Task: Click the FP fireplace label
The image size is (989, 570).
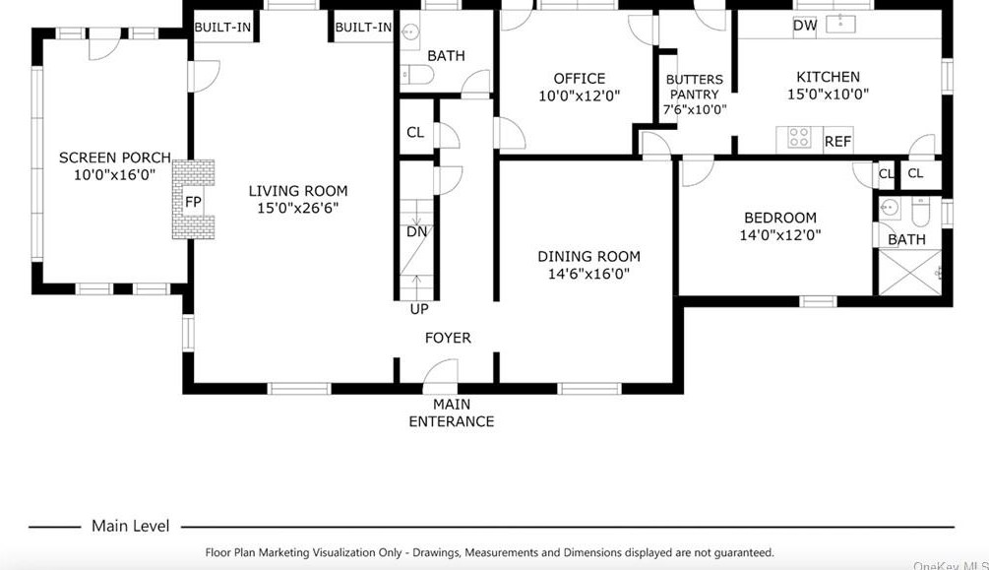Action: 193,202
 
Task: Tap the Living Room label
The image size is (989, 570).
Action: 298,191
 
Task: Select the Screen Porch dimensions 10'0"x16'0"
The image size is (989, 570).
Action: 115,175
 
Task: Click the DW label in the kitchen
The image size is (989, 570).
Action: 805,26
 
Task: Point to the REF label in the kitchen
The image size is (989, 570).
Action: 837,142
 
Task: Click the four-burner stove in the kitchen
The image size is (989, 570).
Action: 799,138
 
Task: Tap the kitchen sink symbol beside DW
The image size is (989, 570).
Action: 840,24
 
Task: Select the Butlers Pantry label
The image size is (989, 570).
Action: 695,87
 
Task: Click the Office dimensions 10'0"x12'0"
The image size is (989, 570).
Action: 579,95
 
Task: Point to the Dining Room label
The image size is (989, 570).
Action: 588,256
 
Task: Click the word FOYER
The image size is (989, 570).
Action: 448,338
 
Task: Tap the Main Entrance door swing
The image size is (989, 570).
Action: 441,371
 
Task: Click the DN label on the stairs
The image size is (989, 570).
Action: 416,231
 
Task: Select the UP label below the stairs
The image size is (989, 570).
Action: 419,309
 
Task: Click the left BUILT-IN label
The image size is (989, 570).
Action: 222,28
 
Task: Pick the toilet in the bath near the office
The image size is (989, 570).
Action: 417,75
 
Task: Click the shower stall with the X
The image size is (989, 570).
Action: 909,273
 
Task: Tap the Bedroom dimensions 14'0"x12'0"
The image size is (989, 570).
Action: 780,235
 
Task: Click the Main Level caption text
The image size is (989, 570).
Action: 131,526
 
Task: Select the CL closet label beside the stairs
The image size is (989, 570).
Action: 415,133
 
